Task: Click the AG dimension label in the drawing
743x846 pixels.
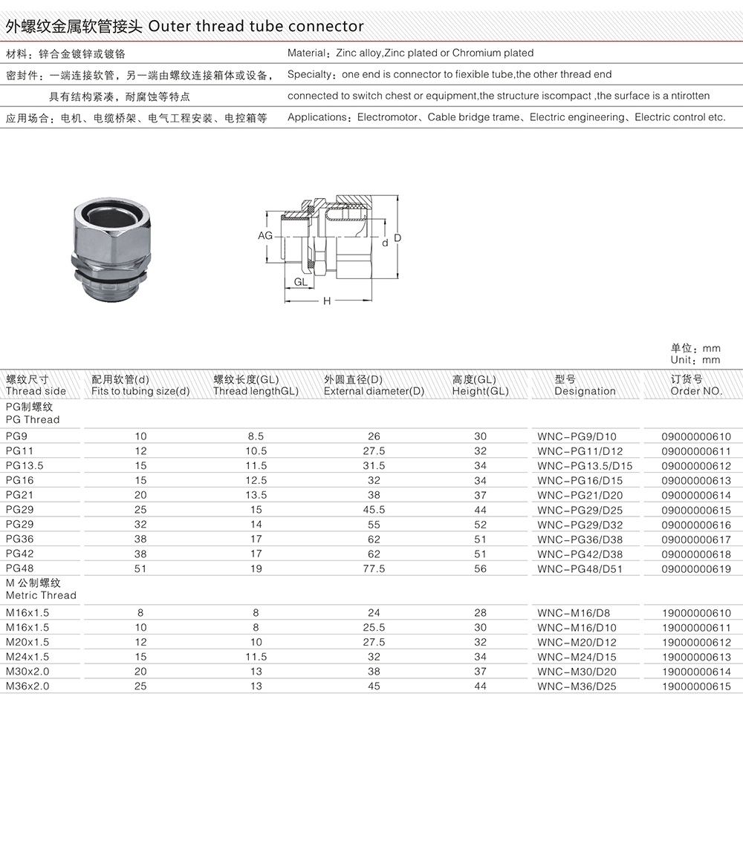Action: tap(265, 235)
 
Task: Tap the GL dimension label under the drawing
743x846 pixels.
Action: tap(301, 282)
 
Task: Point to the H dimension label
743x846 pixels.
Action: tap(326, 301)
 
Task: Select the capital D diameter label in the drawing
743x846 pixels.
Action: tap(398, 237)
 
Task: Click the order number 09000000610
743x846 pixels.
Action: tap(696, 436)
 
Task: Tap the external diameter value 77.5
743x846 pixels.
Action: tap(374, 569)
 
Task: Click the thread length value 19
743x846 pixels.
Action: tap(256, 569)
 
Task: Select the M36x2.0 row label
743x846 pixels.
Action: tap(27, 686)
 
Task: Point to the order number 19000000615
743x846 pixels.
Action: tap(696, 686)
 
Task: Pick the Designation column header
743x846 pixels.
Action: tap(585, 391)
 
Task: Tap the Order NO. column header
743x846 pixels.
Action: tap(696, 391)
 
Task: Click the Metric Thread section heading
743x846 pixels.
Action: tap(41, 595)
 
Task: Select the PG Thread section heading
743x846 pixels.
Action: tap(33, 419)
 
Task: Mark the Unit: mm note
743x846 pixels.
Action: tap(695, 360)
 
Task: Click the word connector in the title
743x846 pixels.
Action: tap(325, 27)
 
